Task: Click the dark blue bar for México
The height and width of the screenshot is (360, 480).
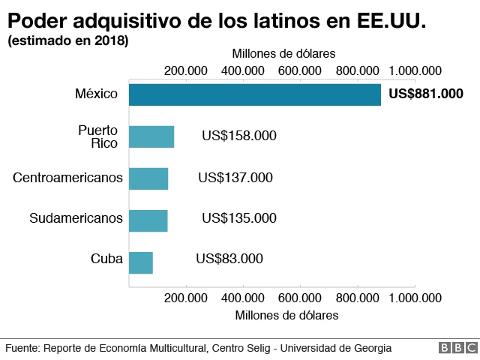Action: coord(255,94)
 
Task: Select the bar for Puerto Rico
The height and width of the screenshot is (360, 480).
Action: coord(151,136)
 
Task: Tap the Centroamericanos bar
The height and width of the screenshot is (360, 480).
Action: coord(148,178)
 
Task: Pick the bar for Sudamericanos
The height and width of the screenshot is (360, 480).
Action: coord(148,220)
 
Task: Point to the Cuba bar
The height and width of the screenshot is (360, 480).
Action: coord(141,262)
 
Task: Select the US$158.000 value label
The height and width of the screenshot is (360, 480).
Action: coord(239,136)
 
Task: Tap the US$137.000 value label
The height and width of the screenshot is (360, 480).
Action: coord(235,178)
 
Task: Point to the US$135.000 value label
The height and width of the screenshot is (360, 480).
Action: coord(239,219)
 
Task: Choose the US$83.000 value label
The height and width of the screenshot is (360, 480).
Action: coord(229,259)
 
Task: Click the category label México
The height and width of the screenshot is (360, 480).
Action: coord(97,94)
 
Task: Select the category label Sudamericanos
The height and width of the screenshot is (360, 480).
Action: coord(76,219)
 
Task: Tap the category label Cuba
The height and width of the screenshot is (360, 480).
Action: coord(107,259)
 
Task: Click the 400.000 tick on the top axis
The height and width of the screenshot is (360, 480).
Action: coord(243,70)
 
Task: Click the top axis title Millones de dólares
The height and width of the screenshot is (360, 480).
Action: coord(283,54)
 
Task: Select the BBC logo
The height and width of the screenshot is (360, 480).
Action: coord(458,348)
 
